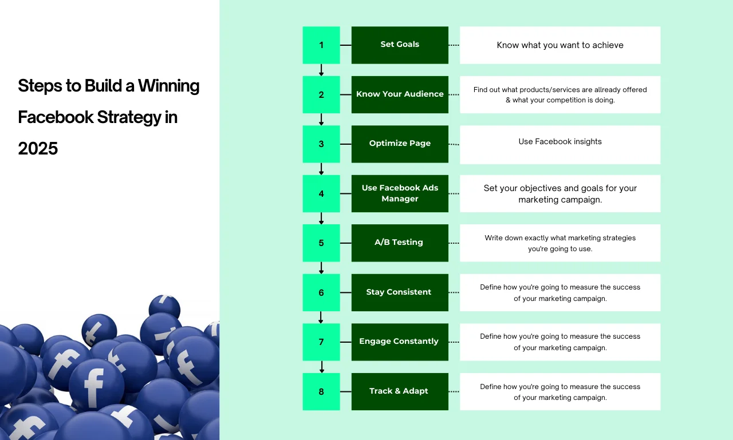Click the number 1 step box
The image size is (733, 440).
tap(321, 45)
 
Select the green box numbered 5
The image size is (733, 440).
tap(321, 243)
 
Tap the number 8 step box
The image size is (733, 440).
tap(321, 391)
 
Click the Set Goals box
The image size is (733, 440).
tap(400, 45)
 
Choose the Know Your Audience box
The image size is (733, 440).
tap(400, 94)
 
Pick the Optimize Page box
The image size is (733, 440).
tap(400, 144)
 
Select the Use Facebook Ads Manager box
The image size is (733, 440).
tap(400, 193)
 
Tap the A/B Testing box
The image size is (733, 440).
tap(400, 243)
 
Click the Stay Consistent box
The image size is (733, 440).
tap(400, 292)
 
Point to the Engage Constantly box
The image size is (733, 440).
tap(400, 342)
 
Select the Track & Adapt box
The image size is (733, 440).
tap(400, 391)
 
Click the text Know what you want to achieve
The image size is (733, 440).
tap(560, 45)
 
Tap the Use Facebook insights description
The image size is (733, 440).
tap(560, 141)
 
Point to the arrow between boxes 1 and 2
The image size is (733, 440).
tap(321, 70)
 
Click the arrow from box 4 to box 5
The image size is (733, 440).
tap(321, 219)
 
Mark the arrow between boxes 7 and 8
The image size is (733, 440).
tap(322, 367)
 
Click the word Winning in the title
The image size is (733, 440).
tap(168, 86)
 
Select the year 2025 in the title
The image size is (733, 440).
tap(38, 148)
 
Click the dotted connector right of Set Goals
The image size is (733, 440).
tap(454, 45)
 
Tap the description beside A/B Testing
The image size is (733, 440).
tap(560, 243)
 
